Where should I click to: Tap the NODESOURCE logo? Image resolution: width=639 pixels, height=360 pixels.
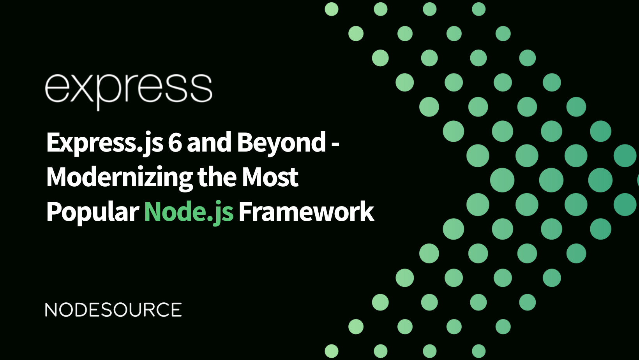(x=113, y=310)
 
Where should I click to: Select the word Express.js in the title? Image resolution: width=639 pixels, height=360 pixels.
(x=104, y=143)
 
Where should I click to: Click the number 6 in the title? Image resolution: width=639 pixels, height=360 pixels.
(x=175, y=143)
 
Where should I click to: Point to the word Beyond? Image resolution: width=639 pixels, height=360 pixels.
(x=281, y=143)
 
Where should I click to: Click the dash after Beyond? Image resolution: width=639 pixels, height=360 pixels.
(x=335, y=144)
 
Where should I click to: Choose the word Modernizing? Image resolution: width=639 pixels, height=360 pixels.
(x=119, y=177)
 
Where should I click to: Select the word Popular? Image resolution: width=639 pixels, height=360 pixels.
(x=92, y=212)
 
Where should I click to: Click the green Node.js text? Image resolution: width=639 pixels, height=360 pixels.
(x=189, y=212)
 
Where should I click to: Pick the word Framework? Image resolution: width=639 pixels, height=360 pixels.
(x=306, y=212)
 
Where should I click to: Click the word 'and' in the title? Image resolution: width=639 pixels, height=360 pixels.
(x=209, y=143)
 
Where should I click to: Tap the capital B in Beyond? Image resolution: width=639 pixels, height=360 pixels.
(x=245, y=143)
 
